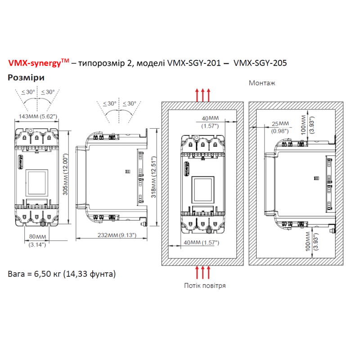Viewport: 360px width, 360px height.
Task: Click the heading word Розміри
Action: (26, 77)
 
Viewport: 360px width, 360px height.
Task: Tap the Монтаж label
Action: (262, 83)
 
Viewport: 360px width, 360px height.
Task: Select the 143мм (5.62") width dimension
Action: (38, 117)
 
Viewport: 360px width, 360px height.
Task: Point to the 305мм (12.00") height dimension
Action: (65, 174)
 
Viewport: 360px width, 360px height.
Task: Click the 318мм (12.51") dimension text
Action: (153, 177)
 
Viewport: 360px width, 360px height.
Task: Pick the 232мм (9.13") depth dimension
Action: (117, 235)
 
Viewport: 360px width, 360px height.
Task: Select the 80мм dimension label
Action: (37, 237)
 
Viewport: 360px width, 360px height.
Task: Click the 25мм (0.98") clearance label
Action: (280, 127)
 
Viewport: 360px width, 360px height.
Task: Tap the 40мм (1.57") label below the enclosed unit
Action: (201, 243)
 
